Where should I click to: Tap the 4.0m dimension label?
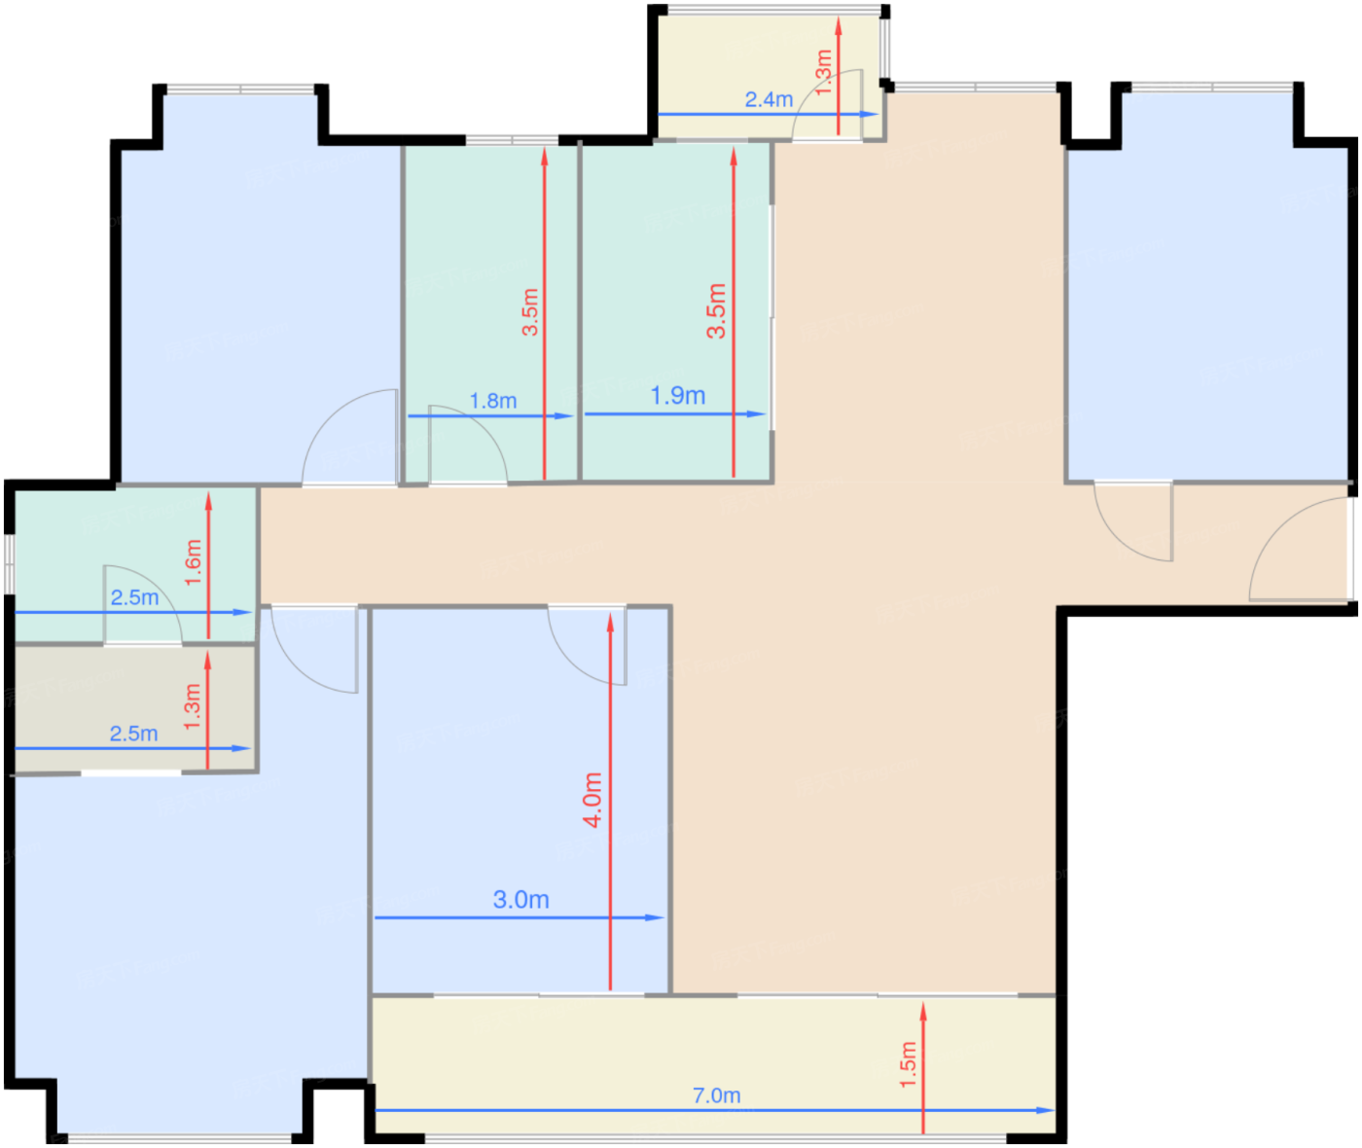click(592, 800)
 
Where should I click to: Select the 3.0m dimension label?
click(520, 900)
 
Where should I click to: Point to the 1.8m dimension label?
click(493, 401)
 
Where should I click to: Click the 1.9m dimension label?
click(678, 395)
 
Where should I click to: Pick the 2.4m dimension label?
click(769, 99)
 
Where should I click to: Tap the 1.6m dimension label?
click(193, 562)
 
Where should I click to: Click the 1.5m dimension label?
click(908, 1064)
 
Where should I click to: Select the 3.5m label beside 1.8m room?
click(530, 311)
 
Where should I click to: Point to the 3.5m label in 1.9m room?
click(716, 311)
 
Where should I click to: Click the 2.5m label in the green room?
click(134, 596)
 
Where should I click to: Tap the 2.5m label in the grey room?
click(133, 734)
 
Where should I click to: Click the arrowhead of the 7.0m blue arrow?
click(1046, 1110)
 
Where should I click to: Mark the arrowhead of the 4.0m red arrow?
click(611, 623)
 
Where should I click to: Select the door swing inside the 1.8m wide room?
click(468, 445)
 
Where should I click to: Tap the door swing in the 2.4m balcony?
click(827, 104)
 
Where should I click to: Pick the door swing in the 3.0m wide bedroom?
click(587, 646)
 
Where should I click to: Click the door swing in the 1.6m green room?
click(142, 604)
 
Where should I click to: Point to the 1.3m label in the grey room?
click(192, 707)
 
